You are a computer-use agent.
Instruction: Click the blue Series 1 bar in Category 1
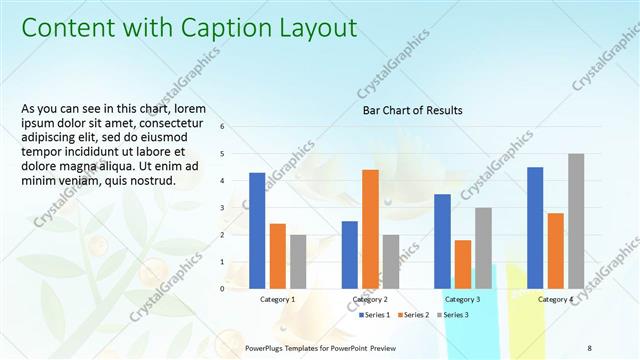coord(257,231)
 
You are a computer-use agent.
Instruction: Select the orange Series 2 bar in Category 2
coord(370,229)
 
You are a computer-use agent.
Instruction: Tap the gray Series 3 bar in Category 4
coord(576,221)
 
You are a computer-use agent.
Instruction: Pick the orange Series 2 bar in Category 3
coord(463,264)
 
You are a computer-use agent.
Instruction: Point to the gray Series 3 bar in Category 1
coord(298,261)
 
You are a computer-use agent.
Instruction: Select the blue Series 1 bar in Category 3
coord(442,241)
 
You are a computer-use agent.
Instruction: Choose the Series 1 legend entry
coord(375,315)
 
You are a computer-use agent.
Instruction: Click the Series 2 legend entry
coord(413,315)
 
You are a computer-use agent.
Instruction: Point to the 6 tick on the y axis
coord(236,127)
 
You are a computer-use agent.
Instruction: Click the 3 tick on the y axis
coord(236,208)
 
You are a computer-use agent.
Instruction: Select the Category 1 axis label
coord(277,299)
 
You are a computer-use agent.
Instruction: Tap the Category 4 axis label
coord(555,299)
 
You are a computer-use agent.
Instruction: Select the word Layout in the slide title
coord(313,28)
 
